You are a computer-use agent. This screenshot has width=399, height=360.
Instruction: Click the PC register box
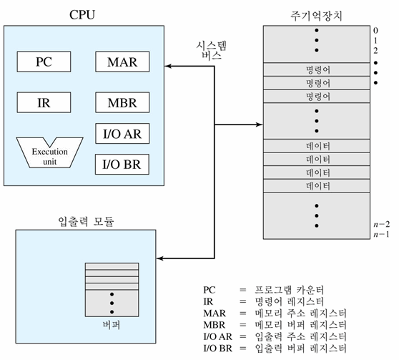click(x=44, y=62)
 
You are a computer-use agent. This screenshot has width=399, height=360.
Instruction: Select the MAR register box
click(x=122, y=62)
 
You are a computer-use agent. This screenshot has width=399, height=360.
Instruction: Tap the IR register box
click(x=44, y=102)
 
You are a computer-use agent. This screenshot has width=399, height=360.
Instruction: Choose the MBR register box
click(x=122, y=102)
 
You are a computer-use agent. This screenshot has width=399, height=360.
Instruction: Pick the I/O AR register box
click(x=122, y=134)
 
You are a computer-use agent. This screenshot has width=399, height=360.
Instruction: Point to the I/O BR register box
click(x=122, y=165)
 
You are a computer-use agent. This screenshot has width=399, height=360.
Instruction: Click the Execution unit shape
click(x=49, y=152)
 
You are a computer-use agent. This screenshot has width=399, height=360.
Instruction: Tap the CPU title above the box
click(x=82, y=14)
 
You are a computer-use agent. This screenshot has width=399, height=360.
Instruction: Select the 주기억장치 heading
click(x=316, y=16)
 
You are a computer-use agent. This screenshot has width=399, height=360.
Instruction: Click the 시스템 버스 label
click(x=211, y=50)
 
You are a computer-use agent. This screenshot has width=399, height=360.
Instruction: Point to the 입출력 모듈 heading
click(x=86, y=221)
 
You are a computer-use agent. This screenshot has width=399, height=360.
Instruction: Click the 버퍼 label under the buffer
click(x=112, y=325)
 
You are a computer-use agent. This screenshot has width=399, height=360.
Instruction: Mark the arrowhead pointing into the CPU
click(x=168, y=67)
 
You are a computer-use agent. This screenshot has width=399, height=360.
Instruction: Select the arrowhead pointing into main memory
click(x=260, y=125)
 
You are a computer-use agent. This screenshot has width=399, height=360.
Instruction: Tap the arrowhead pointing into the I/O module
click(x=159, y=258)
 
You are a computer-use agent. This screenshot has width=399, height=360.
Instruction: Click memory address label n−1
click(x=381, y=234)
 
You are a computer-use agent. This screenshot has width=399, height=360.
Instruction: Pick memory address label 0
click(x=375, y=31)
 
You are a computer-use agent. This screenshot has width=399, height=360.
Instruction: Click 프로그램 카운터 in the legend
click(x=290, y=290)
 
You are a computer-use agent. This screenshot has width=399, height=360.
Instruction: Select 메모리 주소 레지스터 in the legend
click(x=301, y=313)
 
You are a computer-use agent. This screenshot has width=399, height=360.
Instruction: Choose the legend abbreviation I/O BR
click(x=218, y=348)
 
